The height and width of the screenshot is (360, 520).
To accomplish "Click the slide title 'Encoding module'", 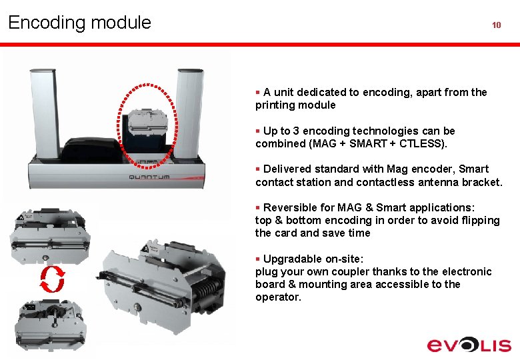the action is tap(79, 23).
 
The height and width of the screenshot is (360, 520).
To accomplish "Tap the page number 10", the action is tap(497, 25).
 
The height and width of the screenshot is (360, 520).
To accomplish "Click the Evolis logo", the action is tap(469, 345).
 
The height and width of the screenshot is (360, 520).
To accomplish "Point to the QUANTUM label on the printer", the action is tap(149, 177).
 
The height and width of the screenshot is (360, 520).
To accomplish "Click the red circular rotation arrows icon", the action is tap(53, 279).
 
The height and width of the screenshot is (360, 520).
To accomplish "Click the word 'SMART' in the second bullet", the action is tap(368, 143).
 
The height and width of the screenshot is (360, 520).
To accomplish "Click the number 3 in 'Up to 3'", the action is tap(296, 131).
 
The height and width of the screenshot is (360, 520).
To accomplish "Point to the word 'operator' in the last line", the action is tap(277, 297).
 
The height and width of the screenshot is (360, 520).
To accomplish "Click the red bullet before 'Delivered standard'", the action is tap(258, 169).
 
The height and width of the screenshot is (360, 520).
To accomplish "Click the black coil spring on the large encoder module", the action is tap(207, 288).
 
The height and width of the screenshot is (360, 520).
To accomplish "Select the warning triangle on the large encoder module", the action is tap(145, 249).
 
